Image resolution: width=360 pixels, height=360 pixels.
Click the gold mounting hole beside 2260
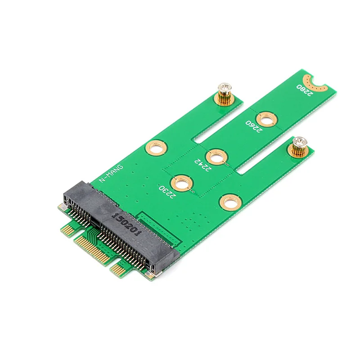coord(267,119)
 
